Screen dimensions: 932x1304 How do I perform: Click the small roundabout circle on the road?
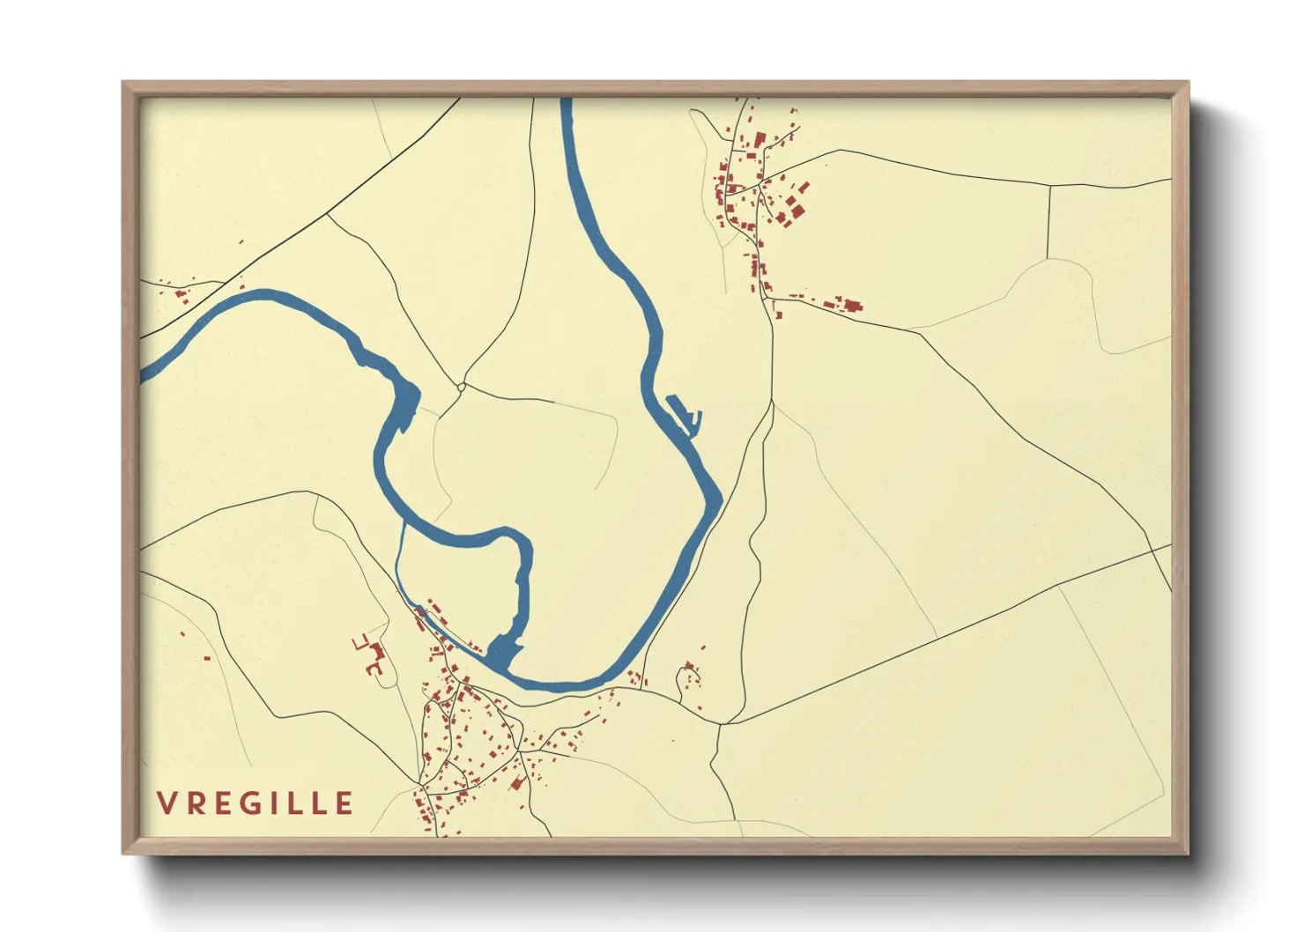(462, 386)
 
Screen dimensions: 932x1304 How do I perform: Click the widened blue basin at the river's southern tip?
(501, 652)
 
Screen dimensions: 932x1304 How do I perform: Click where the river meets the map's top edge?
(566, 100)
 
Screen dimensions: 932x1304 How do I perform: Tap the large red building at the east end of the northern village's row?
(852, 306)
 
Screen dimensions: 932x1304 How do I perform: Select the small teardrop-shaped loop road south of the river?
(685, 681)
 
